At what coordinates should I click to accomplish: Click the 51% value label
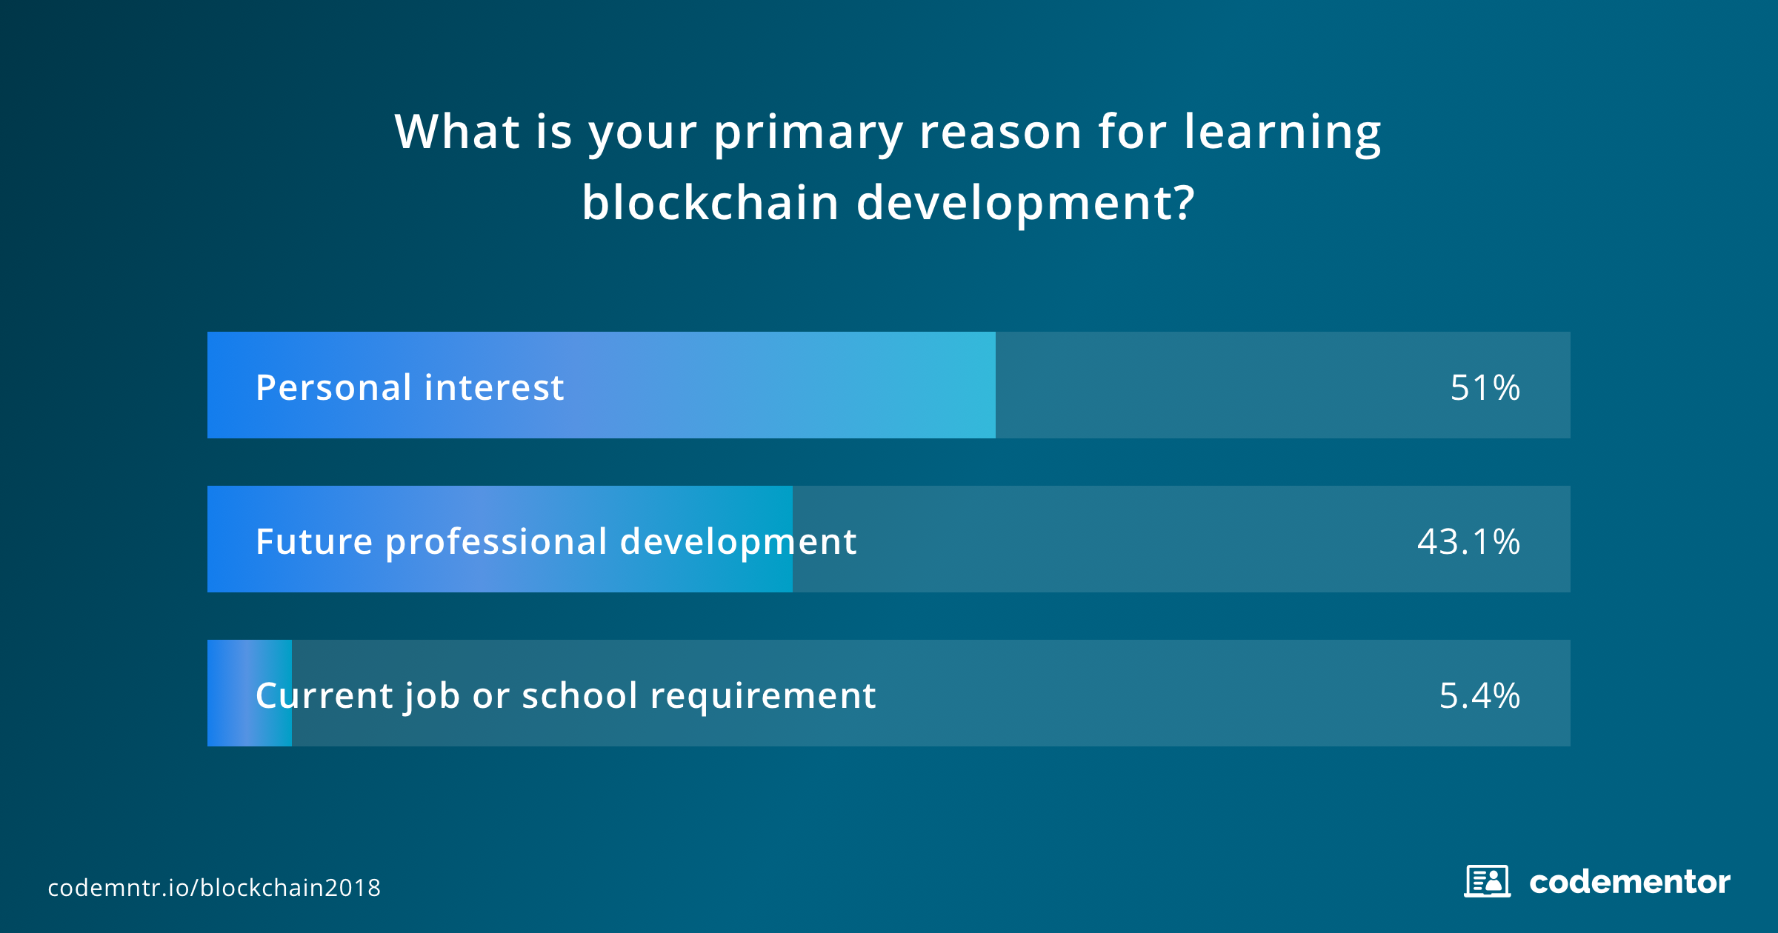1485,387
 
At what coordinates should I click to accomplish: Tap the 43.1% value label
1468,541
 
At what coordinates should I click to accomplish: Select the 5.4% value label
1479,695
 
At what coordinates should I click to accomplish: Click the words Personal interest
410,387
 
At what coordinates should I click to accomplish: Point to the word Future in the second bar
313,541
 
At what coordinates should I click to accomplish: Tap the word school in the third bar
579,695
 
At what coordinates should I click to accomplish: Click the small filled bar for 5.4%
250,693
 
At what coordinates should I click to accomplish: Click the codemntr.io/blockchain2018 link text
214,887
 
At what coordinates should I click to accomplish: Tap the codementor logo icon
1487,881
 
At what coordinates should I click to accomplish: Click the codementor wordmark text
1630,882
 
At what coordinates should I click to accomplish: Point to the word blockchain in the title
710,202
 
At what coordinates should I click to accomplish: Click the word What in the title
457,132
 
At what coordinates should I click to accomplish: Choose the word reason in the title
1000,134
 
